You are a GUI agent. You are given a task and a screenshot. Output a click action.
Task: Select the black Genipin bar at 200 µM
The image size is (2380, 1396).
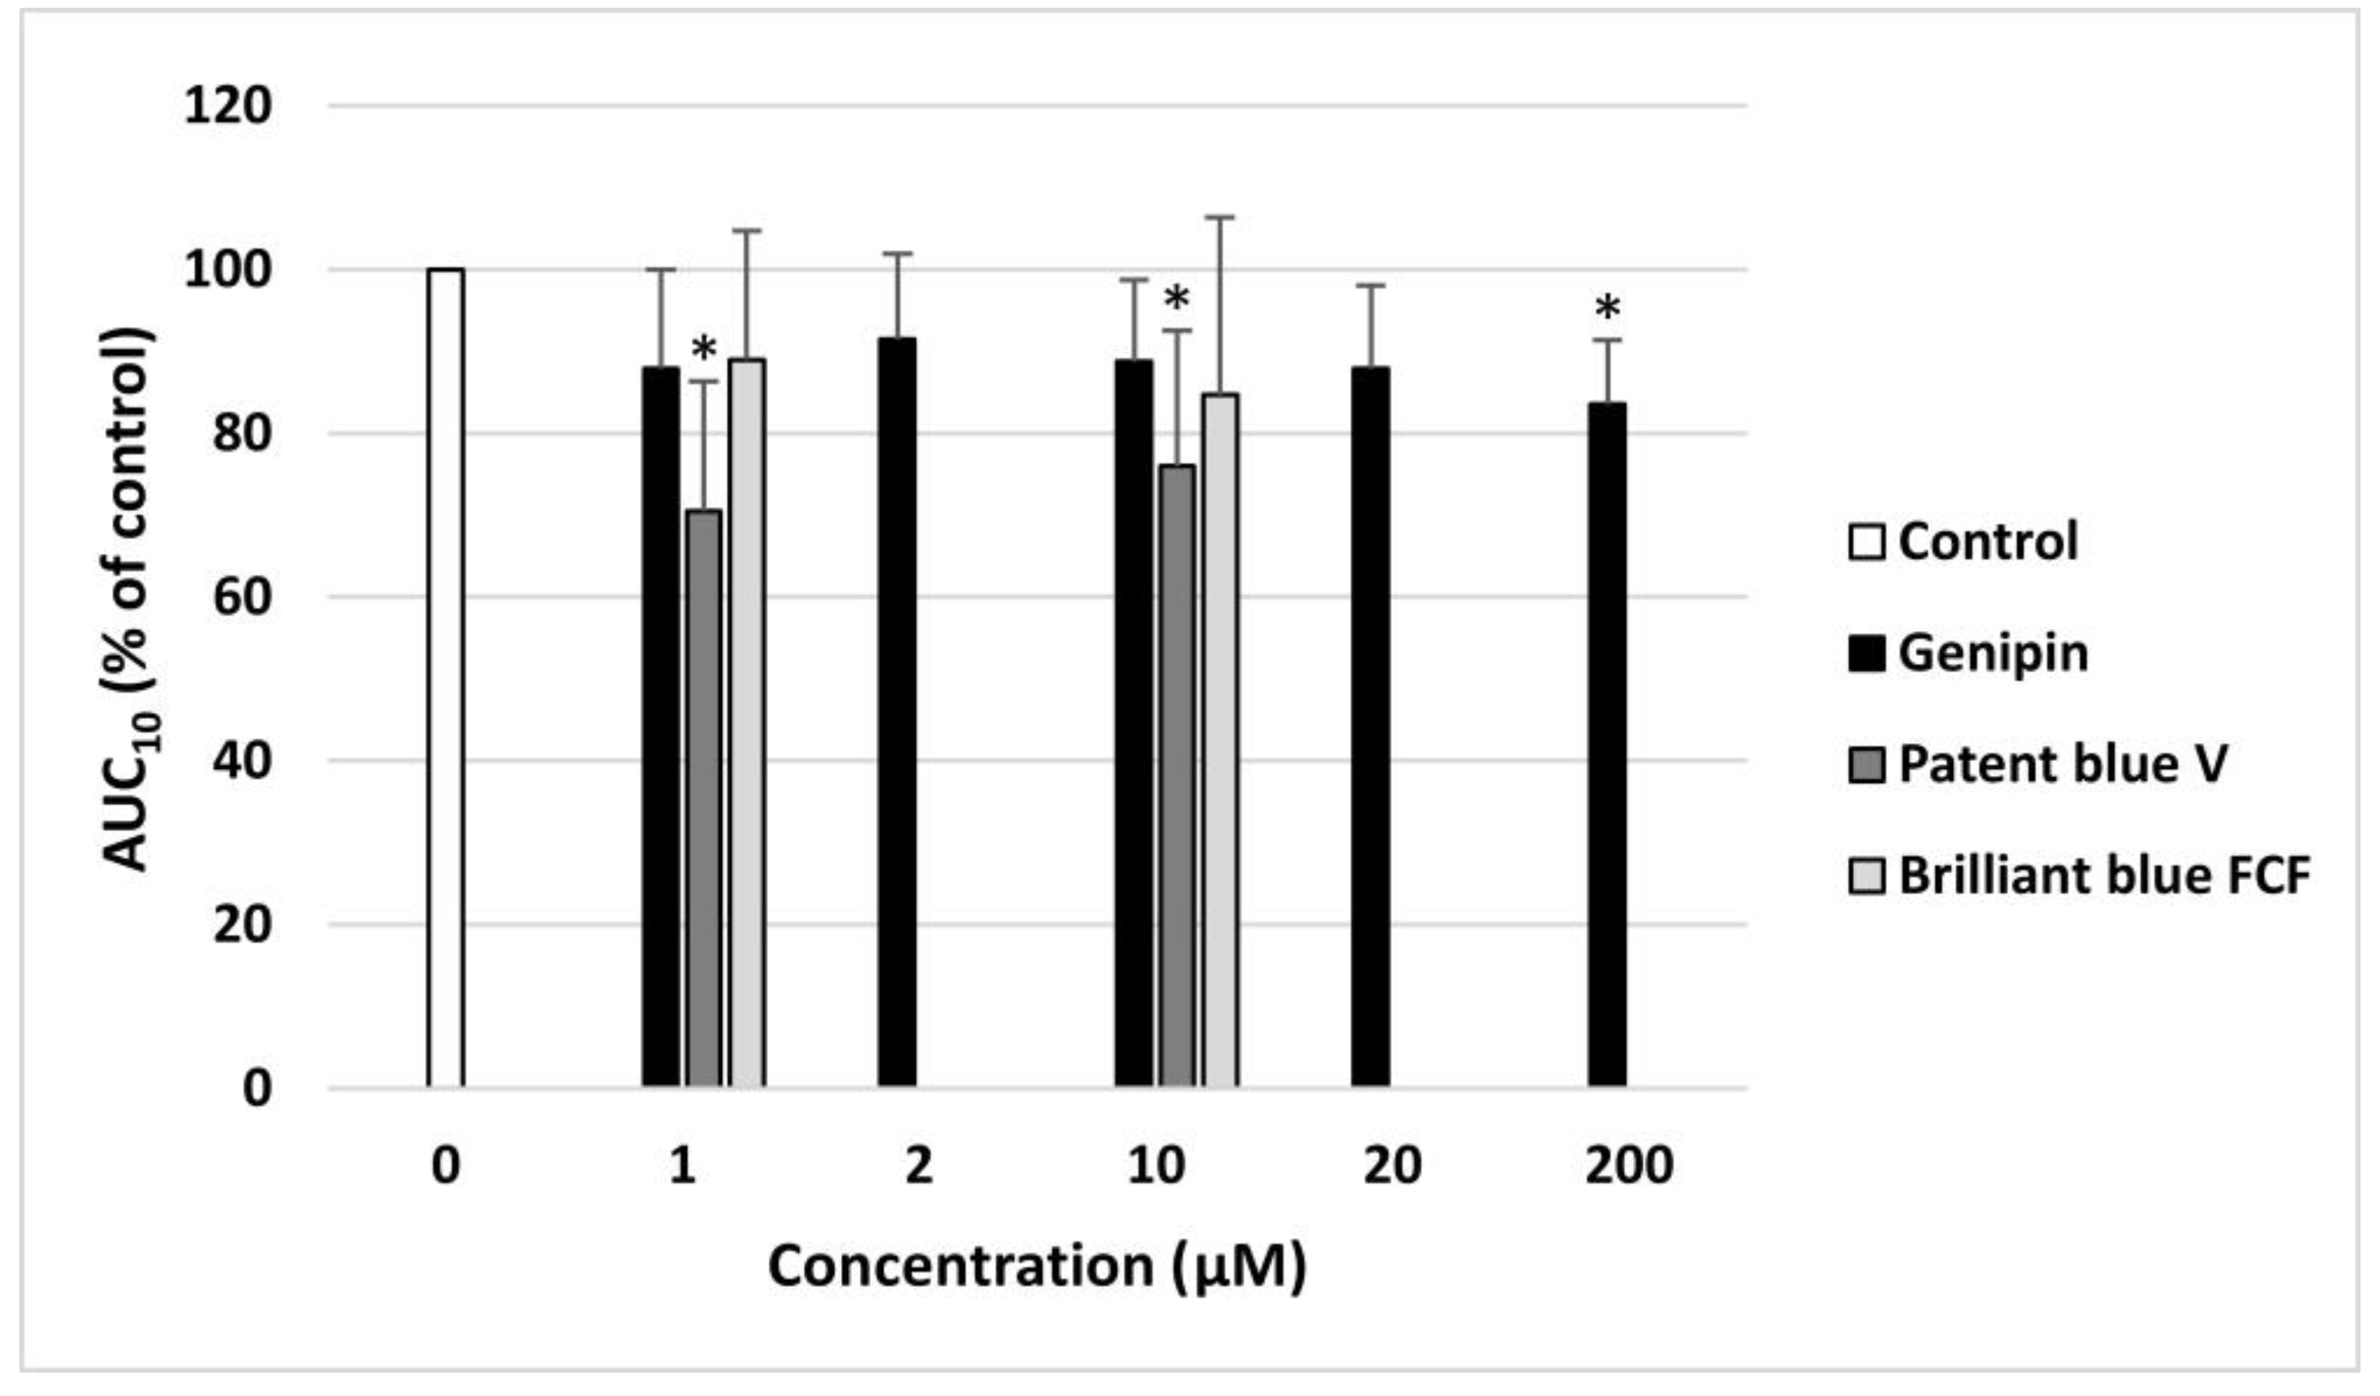click(1607, 745)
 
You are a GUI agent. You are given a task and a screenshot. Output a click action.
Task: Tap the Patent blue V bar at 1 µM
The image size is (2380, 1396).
click(703, 799)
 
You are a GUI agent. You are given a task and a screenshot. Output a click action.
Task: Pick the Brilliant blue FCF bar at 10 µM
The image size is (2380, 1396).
click(1220, 741)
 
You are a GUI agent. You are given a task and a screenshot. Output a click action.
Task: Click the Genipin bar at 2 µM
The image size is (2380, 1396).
click(896, 712)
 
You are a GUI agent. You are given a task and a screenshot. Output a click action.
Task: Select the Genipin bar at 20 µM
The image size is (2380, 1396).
click(1370, 728)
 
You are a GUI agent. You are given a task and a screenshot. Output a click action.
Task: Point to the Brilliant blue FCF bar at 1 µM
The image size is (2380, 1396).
click(747, 724)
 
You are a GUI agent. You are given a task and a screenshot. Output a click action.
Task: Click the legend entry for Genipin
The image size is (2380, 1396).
click(1993, 653)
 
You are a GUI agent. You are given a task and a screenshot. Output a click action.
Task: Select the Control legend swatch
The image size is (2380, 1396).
click(1866, 542)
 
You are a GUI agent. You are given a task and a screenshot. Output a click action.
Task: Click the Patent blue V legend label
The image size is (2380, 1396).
click(2063, 763)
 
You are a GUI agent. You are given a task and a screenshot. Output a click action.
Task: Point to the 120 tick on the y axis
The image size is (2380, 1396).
click(228, 106)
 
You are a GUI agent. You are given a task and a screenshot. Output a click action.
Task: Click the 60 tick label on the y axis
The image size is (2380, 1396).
click(242, 597)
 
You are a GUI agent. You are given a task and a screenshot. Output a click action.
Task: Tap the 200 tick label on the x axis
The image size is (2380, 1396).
click(1629, 1166)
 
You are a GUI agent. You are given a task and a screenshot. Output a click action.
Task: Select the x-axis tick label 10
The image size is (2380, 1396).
click(1156, 1166)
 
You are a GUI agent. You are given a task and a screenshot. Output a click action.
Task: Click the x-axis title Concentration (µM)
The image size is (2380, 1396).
click(1037, 1265)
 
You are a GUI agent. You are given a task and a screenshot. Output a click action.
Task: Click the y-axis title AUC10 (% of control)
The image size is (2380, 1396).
click(129, 599)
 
